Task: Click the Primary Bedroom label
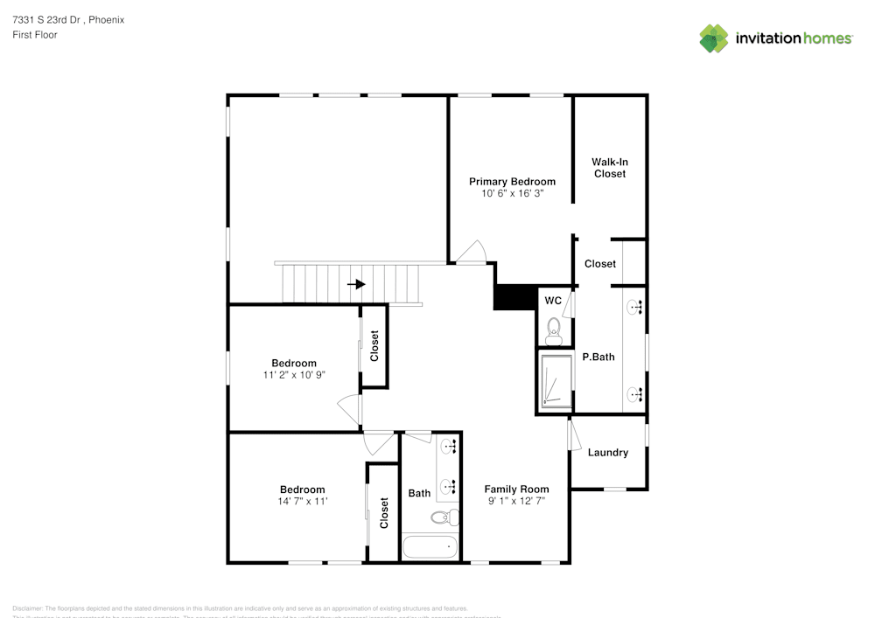coord(512,182)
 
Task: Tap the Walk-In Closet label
coord(609,168)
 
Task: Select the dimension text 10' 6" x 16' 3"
coord(512,194)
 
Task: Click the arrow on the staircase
coord(356,284)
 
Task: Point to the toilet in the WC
coord(553,328)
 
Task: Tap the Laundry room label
coord(607,453)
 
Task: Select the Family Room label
coord(516,490)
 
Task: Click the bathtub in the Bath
coord(430,548)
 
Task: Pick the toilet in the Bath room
coord(445,517)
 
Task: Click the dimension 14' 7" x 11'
coord(302,502)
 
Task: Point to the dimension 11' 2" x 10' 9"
coord(293,375)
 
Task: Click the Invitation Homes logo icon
coord(714,38)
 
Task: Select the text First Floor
coord(35,35)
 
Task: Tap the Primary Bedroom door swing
coord(472,252)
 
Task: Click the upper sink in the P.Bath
coord(635,307)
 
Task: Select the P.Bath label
coord(598,357)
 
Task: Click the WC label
coord(552,301)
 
